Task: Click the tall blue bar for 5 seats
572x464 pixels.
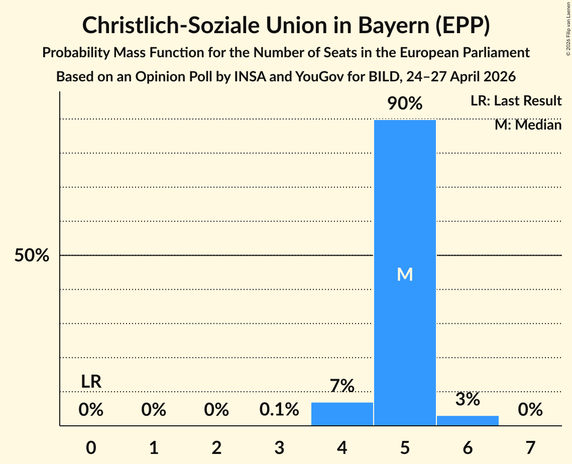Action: tap(405, 273)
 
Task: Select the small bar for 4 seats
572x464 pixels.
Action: tap(342, 414)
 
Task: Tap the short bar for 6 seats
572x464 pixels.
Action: tap(468, 421)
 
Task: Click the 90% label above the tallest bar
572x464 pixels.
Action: tap(405, 103)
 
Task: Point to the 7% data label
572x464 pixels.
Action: tap(342, 386)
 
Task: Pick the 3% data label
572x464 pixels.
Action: tap(468, 399)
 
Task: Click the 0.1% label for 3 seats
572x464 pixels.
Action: tap(279, 409)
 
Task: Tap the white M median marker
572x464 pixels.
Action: tap(405, 274)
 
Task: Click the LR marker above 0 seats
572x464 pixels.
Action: tap(91, 382)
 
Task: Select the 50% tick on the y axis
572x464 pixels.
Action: tap(32, 255)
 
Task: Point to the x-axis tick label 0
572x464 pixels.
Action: tap(91, 447)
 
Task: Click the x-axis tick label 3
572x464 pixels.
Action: tap(279, 447)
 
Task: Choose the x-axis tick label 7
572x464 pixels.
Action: tap(530, 447)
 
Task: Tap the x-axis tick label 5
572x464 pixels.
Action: tap(405, 447)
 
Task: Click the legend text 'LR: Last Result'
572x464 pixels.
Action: tap(516, 100)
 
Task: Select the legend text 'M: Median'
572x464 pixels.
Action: tap(528, 125)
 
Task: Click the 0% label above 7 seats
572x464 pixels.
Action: tap(530, 409)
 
